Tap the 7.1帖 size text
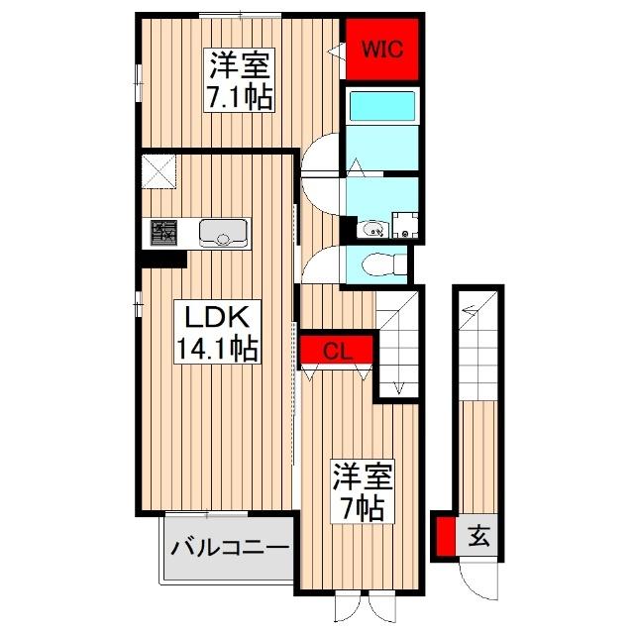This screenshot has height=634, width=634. click(x=238, y=99)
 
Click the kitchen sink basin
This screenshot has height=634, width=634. click(x=222, y=234)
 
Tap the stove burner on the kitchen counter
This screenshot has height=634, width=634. click(x=162, y=234)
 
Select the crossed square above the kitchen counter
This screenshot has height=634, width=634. click(x=159, y=171)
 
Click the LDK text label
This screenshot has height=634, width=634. click(x=217, y=319)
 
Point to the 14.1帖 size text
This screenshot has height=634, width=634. click(x=217, y=349)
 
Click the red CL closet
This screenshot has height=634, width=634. click(x=337, y=349)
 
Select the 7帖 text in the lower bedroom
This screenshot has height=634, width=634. click(x=363, y=507)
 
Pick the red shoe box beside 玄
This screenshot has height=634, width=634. click(x=446, y=536)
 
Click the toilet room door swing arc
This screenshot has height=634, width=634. click(x=320, y=265)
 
